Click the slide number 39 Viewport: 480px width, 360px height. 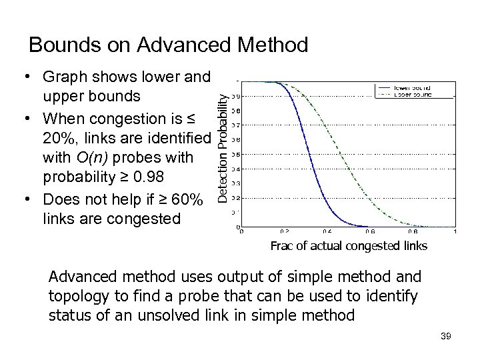446,337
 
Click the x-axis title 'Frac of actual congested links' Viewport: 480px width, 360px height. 348,246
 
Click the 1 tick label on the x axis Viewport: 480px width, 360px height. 455,233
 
